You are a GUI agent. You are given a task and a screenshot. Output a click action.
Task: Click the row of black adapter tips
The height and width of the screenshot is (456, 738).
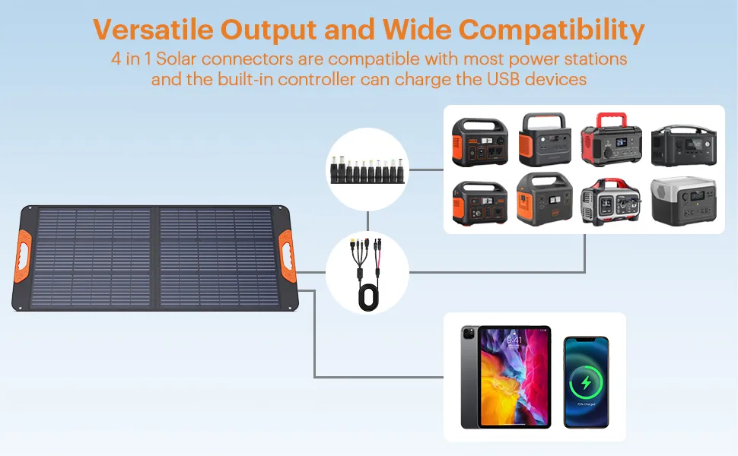tap(367, 169)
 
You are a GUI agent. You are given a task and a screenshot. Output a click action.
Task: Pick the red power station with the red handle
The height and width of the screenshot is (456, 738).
tap(610, 140)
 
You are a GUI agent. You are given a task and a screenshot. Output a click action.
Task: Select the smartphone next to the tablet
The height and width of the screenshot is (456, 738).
tap(586, 382)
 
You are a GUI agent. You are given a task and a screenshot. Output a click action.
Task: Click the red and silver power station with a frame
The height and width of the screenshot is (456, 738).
tap(611, 202)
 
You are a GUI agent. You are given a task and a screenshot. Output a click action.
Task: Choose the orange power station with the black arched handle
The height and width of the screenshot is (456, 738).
tap(545, 140)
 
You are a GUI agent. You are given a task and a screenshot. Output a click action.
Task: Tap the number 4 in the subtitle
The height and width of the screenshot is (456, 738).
tap(116, 59)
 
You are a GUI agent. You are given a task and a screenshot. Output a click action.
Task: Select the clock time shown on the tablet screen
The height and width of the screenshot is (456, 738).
tap(514, 340)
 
